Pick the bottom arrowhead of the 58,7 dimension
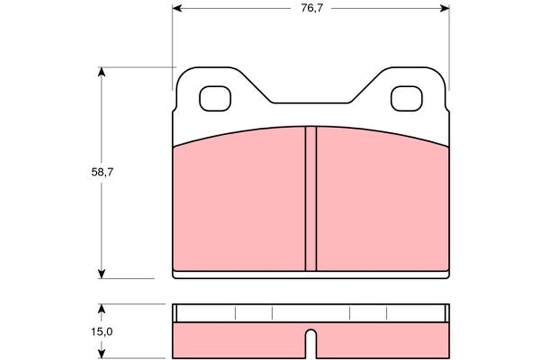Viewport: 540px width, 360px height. coord(102,273)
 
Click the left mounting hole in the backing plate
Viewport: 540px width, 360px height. coord(215,99)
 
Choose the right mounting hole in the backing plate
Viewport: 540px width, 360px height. coord(406,99)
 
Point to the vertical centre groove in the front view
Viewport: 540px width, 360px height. coord(311,198)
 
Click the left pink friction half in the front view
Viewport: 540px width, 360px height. coord(238,202)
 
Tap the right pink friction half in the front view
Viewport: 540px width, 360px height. coord(382,202)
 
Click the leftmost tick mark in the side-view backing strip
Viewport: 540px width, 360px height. coord(235,313)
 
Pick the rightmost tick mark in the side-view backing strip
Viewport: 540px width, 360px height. coord(387,313)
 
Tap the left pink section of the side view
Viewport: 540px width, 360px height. coord(238,341)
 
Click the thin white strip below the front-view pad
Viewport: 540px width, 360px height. coord(311,274)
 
